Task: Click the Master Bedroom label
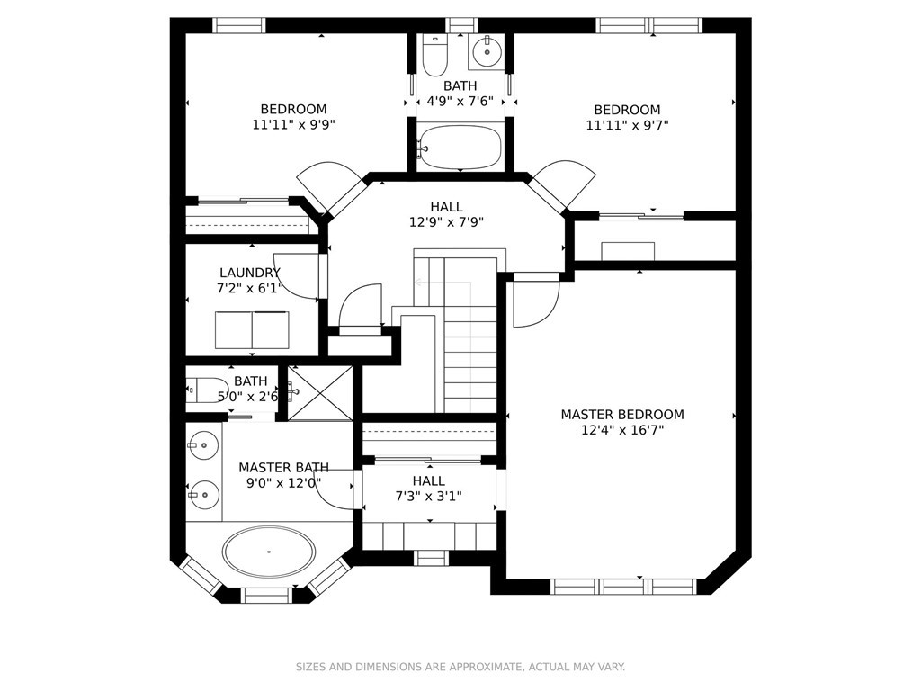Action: pyautogui.click(x=622, y=415)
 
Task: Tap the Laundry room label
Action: pyautogui.click(x=250, y=273)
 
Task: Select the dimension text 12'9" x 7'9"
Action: pyautogui.click(x=446, y=222)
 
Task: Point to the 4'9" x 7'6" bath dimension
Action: pyautogui.click(x=460, y=101)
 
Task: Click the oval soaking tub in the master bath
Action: pyautogui.click(x=268, y=552)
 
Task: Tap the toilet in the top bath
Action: pyautogui.click(x=435, y=56)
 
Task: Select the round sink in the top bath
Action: pyautogui.click(x=487, y=51)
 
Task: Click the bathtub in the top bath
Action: pyautogui.click(x=460, y=147)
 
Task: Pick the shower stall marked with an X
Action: pyautogui.click(x=320, y=392)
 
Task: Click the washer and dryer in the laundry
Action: pyautogui.click(x=252, y=330)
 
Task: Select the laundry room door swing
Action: pyautogui.click(x=298, y=277)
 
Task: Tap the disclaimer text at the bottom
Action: pyautogui.click(x=460, y=667)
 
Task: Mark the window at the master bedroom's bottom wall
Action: pyautogui.click(x=623, y=587)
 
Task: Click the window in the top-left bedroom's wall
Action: pyautogui.click(x=238, y=25)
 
